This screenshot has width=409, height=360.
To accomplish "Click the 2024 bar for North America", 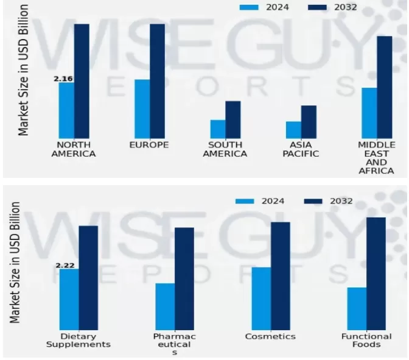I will (66, 110).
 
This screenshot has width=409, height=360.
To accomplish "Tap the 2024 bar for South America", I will (218, 129).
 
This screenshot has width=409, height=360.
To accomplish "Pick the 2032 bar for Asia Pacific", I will (309, 122).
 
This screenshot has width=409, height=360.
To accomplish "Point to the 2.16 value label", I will (63, 79).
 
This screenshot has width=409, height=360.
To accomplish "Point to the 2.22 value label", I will (65, 265).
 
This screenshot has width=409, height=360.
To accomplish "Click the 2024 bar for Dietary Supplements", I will (69, 299).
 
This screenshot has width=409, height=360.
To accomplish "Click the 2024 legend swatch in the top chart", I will (249, 7).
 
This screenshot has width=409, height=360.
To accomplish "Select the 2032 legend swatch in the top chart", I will (317, 7).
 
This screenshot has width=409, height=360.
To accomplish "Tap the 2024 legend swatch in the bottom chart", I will (245, 201).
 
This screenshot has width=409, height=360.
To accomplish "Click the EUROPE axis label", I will (149, 145).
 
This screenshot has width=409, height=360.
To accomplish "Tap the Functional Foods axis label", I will (366, 340).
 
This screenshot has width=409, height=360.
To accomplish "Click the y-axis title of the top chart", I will (23, 69).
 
